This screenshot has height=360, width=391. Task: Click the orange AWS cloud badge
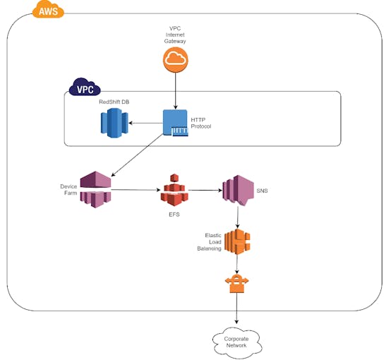click(x=48, y=9)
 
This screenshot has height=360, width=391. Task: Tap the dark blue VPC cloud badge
click(x=85, y=87)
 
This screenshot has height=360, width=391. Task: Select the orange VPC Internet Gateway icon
click(x=175, y=60)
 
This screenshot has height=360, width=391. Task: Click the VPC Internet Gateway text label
click(x=175, y=35)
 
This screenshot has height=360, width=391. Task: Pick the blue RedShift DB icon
click(x=114, y=123)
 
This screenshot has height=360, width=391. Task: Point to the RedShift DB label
click(x=114, y=102)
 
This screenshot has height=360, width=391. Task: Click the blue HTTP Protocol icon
click(x=175, y=123)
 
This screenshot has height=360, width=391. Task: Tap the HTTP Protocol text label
click(x=200, y=123)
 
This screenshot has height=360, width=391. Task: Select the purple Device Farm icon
click(x=95, y=189)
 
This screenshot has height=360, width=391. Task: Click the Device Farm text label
click(x=68, y=190)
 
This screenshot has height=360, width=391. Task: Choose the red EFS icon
click(x=174, y=190)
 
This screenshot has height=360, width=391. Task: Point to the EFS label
click(x=174, y=215)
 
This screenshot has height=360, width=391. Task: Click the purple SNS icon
click(x=238, y=191)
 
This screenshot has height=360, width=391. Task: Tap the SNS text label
click(x=262, y=191)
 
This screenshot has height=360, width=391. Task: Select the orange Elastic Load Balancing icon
click(x=237, y=241)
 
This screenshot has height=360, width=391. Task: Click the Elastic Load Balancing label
click(x=209, y=241)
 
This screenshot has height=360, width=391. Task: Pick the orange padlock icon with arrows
click(x=236, y=283)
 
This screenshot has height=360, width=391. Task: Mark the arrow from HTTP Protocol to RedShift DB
click(x=145, y=123)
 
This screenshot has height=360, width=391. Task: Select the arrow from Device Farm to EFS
click(x=136, y=190)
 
